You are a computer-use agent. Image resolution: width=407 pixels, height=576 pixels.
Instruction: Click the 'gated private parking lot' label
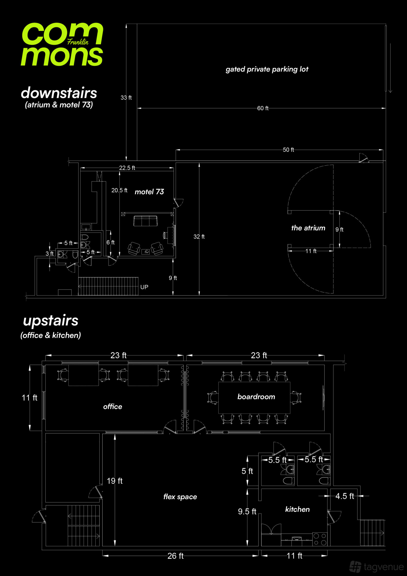pos(267,69)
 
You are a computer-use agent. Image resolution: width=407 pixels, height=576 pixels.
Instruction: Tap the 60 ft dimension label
pos(263,108)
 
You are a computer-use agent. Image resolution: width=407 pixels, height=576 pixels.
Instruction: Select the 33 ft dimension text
pos(126,98)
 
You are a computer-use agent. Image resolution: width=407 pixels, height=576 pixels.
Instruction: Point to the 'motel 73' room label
pos(149,192)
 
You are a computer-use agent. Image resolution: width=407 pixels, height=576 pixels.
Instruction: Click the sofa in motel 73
pos(145,221)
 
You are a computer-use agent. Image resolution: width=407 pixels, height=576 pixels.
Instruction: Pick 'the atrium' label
pos(308,228)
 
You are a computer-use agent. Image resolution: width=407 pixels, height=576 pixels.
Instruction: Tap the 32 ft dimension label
pos(199,237)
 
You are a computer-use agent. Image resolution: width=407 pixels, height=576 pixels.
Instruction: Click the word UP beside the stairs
pos(144,287)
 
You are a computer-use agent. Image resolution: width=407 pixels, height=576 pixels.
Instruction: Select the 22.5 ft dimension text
pos(127,168)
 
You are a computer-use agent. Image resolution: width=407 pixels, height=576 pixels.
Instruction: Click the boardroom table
pos(254,398)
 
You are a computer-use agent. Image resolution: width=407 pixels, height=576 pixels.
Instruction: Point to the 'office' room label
pos(113,406)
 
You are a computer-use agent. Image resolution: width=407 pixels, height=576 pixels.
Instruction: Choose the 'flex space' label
pos(180,497)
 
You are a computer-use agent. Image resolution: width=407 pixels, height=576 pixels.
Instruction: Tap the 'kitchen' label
pos(297,509)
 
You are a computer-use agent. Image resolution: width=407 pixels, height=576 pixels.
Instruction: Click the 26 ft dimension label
pos(176,556)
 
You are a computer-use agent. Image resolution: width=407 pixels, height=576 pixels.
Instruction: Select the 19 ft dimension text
pos(115,481)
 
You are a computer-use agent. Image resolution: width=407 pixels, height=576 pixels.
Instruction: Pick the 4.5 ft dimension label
pos(344,496)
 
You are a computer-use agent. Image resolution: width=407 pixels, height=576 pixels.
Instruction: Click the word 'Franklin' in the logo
pos(78,42)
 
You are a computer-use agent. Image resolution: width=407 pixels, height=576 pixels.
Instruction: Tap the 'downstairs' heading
pos(59,93)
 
